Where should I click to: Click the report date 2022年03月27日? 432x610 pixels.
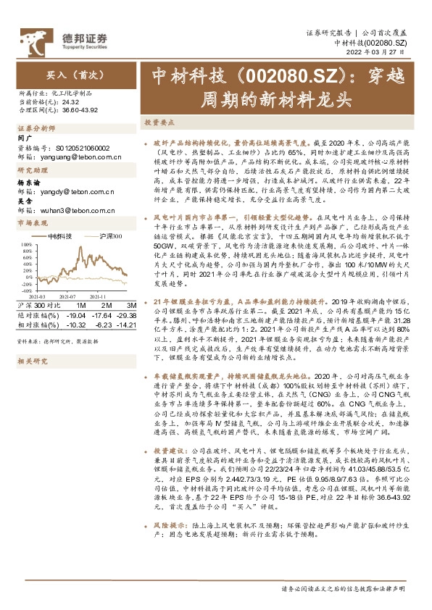[389, 53]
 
